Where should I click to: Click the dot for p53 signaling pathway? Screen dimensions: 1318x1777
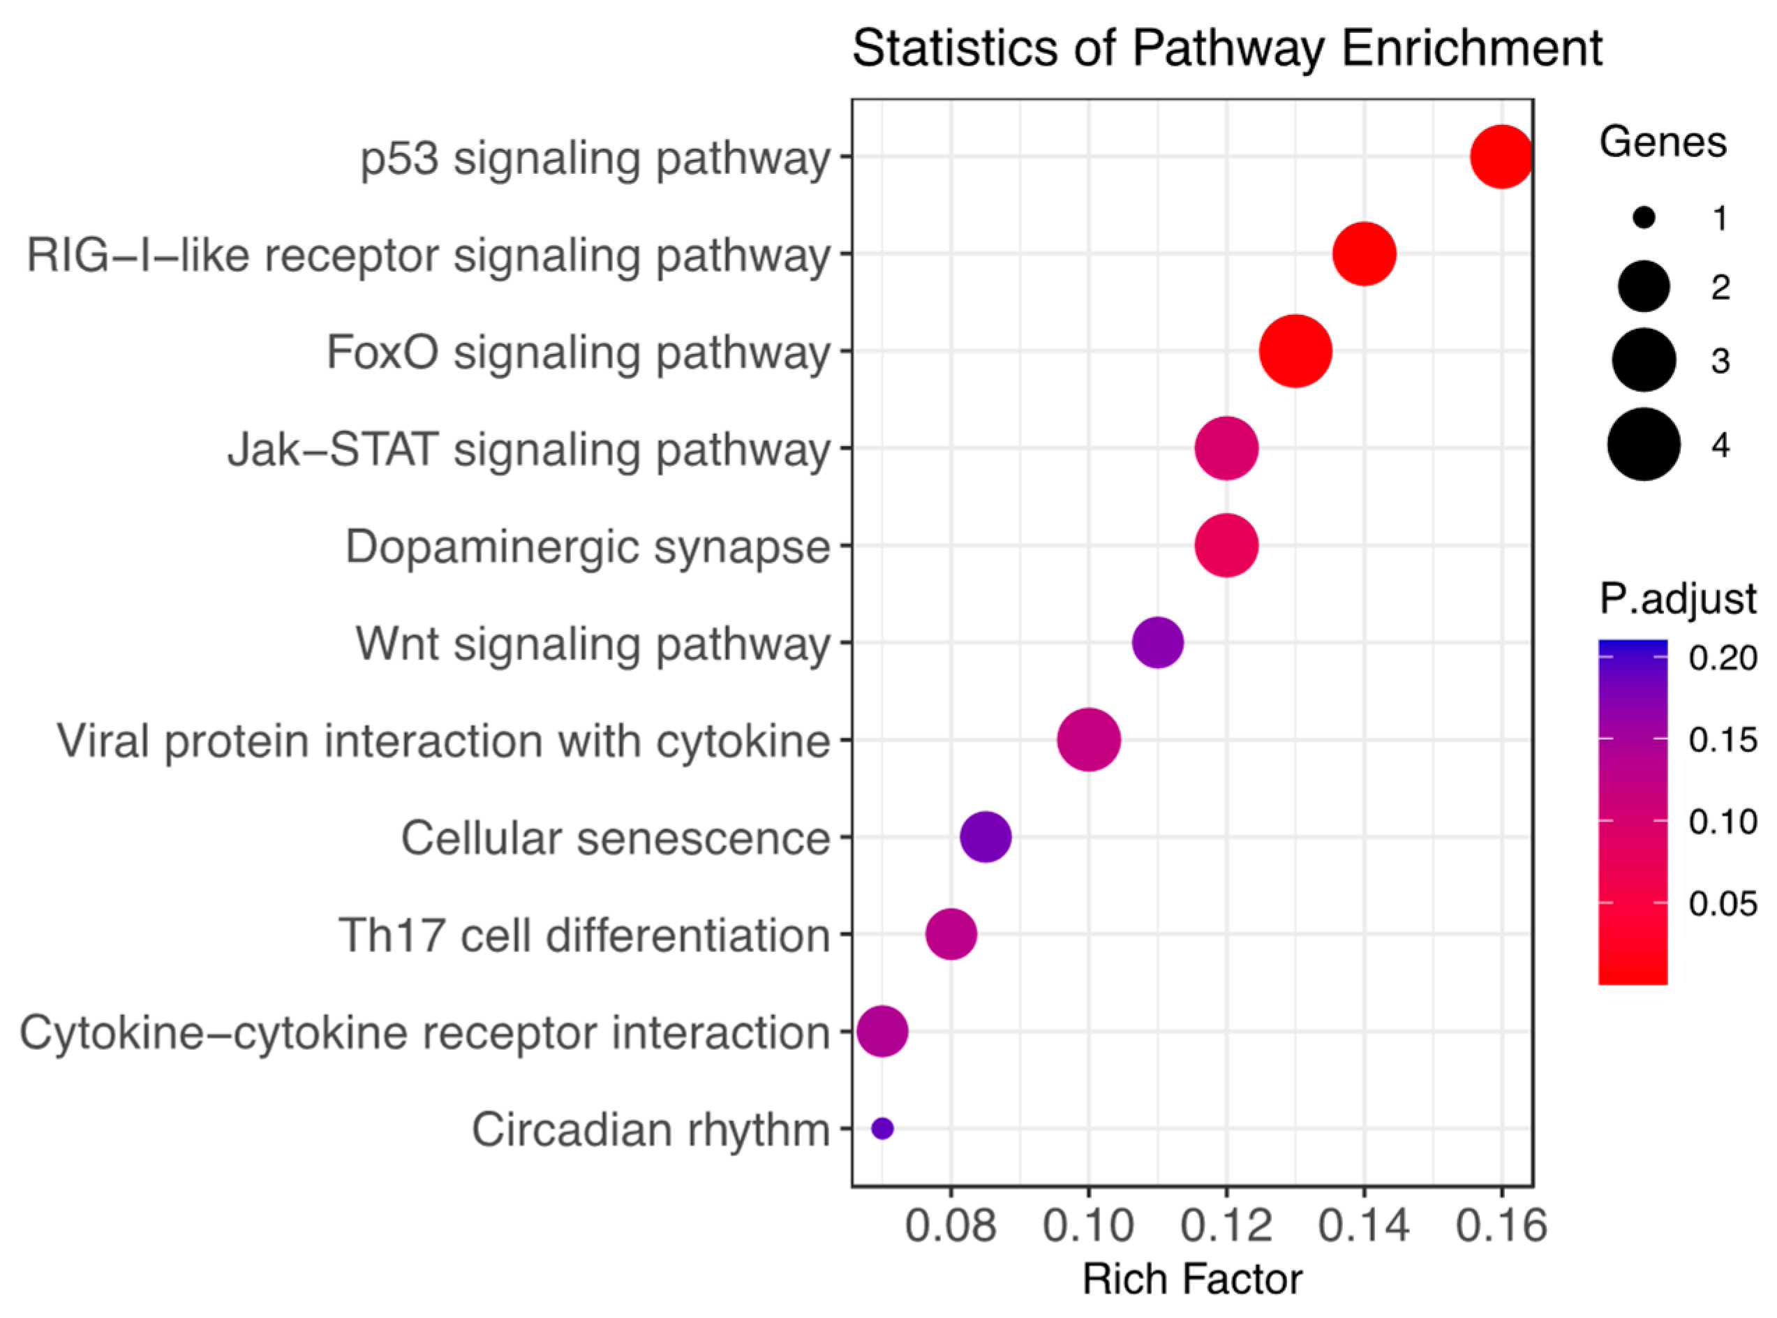pos(1501,156)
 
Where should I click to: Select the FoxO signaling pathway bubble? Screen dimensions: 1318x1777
pos(1295,351)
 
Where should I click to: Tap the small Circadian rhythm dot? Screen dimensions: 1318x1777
pos(882,1128)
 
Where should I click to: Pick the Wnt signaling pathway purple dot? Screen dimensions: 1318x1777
pos(1157,642)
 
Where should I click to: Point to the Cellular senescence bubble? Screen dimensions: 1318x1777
pos(986,837)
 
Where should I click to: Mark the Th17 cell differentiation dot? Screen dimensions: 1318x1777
pos(951,933)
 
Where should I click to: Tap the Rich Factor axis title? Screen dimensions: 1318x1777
pos(1191,1280)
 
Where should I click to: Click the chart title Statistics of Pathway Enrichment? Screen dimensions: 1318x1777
pos(1227,48)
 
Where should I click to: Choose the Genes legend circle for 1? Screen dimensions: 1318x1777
pos(1644,217)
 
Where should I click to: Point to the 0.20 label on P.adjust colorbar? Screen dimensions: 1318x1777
pos(1723,658)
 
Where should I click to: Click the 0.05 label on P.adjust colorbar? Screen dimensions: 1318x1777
pos(1723,903)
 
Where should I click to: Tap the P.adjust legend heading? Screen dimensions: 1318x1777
pos(1677,598)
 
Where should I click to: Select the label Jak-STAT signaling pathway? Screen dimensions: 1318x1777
pos(530,449)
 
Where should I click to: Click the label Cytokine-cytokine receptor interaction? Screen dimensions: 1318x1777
pos(424,1032)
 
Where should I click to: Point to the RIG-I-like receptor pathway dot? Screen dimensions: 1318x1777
pos(1364,253)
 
